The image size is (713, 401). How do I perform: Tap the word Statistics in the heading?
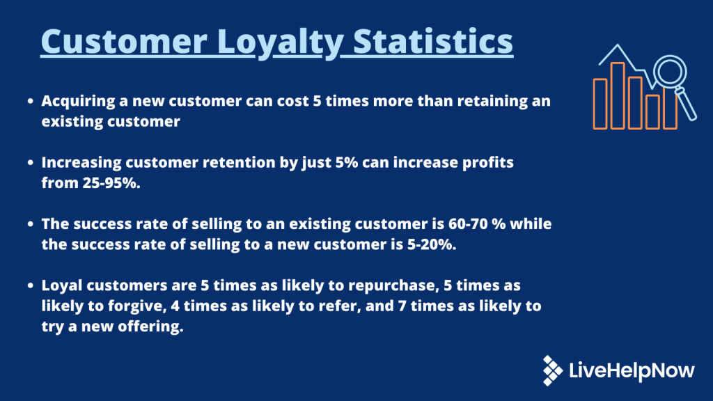point(432,42)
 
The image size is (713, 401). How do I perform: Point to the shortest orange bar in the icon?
point(652,111)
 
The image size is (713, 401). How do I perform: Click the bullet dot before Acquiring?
point(30,102)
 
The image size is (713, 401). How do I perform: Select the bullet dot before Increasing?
point(30,163)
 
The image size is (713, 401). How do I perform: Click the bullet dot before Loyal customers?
point(30,285)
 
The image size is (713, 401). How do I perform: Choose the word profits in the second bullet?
point(485,163)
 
